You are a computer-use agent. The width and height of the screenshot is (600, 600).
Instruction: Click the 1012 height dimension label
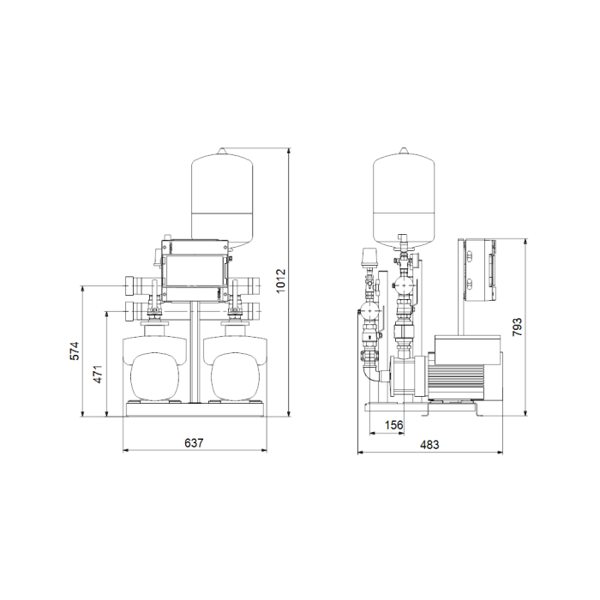[x=281, y=281]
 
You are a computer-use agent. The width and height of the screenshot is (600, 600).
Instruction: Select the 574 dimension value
[x=74, y=351]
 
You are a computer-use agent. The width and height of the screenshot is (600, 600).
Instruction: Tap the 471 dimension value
[x=98, y=375]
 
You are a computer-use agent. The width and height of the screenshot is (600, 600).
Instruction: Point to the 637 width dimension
[x=194, y=443]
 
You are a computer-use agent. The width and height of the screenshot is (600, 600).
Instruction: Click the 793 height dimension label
[x=517, y=327]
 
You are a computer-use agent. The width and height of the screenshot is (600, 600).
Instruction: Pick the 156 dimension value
[x=393, y=425]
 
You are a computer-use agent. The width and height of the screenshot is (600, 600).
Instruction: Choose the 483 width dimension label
[x=429, y=445]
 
